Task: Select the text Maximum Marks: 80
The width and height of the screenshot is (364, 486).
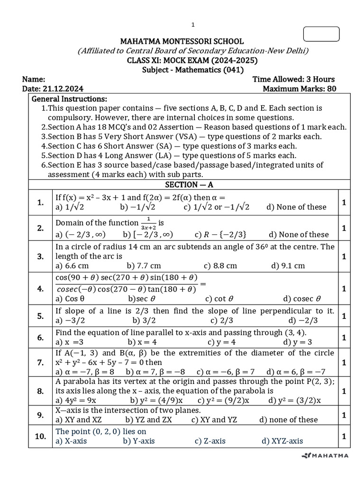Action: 299,89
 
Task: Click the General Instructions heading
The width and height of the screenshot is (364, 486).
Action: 69,99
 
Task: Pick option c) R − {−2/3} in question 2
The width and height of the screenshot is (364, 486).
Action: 220,234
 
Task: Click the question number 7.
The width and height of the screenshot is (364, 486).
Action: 40,363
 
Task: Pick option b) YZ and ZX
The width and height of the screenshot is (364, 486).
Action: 148,420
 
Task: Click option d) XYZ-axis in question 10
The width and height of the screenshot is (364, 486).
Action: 282,441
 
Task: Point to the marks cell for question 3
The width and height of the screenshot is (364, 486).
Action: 344,256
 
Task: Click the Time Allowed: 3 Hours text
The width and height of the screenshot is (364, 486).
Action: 293,79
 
